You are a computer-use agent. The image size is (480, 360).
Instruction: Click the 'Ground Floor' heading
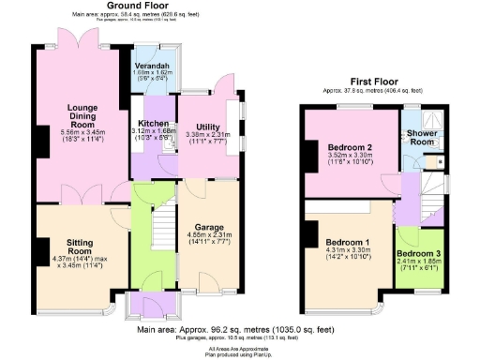click(x=130, y=5)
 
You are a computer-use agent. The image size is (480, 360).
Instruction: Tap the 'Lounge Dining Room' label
click(x=82, y=114)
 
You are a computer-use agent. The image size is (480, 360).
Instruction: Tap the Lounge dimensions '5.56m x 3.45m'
click(x=82, y=132)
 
